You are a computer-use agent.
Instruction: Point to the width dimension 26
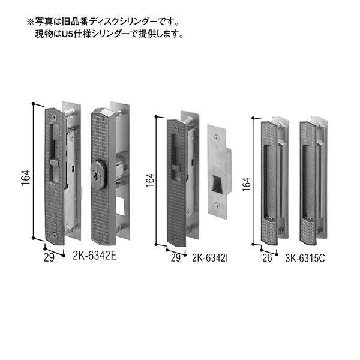pos(268,259)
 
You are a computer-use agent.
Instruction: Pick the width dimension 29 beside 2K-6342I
pos(174,259)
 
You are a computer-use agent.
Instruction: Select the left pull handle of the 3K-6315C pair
pos(272,180)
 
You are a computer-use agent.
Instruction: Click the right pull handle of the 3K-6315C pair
pos(310,180)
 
